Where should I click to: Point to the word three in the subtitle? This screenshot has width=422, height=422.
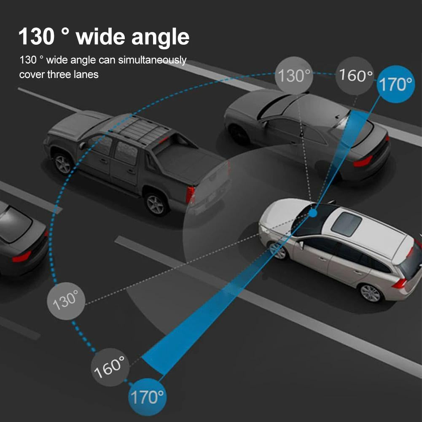pyautogui.click(x=59, y=75)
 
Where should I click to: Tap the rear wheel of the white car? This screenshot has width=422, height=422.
pyautogui.click(x=371, y=293)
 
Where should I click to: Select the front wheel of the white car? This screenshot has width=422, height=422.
pyautogui.click(x=277, y=250)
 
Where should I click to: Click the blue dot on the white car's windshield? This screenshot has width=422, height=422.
pyautogui.click(x=312, y=213)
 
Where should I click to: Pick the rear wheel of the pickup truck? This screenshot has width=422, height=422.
pyautogui.click(x=155, y=204)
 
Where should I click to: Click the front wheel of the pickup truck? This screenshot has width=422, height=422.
pyautogui.click(x=63, y=164)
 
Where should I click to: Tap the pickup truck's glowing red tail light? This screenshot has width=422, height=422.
pyautogui.click(x=191, y=194)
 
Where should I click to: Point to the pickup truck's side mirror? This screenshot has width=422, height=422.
pyautogui.click(x=83, y=145)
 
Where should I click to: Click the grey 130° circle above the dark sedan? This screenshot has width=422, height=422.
pyautogui.click(x=294, y=76)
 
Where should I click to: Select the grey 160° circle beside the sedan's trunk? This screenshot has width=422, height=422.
pyautogui.click(x=355, y=76)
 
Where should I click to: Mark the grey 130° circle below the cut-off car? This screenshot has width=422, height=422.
pyautogui.click(x=66, y=300)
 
